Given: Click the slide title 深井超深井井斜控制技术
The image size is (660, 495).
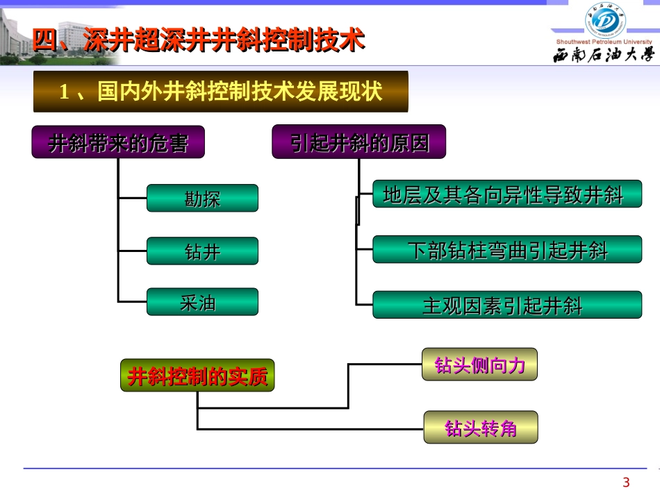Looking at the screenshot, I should coord(222,41).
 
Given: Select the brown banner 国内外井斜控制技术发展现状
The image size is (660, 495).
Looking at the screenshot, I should coord(221,91).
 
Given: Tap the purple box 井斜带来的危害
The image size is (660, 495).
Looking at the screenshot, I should coord(118,143).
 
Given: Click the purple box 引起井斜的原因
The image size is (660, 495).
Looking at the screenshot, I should coord(359,143).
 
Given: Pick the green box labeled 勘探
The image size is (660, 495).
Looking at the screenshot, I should coord(202,199).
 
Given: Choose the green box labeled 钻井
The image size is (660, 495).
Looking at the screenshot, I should coord(202,251).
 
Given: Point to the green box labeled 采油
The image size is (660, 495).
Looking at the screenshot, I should coord(202,303).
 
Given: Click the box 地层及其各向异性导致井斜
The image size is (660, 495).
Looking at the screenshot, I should coord(506,196).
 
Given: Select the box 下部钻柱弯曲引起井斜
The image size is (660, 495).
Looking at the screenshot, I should coord(506,250).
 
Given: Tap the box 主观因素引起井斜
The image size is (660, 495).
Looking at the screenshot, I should coord(506,305).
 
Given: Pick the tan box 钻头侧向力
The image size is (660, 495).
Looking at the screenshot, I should coord(479,365).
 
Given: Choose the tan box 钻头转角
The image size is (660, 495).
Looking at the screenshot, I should coord(480,427).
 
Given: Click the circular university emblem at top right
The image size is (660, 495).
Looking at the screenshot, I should coord(605,19).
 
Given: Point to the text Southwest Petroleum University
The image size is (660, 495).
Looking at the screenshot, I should coord(604,41).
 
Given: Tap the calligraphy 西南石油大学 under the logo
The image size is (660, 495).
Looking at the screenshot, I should coord(604,55).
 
